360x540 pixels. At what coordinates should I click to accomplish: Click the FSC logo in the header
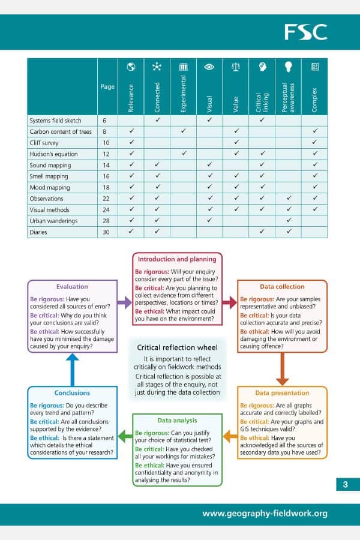click(305, 32)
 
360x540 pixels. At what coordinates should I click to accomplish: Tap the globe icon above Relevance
click(131, 67)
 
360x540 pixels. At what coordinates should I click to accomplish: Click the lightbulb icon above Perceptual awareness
click(288, 67)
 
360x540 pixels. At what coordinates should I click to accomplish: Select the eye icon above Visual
click(209, 67)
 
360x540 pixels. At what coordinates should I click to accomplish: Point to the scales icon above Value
click(235, 67)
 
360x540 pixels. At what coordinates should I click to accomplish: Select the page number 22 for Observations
click(107, 199)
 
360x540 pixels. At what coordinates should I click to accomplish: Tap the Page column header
click(107, 87)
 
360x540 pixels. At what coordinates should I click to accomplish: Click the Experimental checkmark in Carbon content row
click(183, 131)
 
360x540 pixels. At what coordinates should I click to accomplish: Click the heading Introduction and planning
click(177, 259)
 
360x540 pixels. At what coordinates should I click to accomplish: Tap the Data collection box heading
click(282, 287)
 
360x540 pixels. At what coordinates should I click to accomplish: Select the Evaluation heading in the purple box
click(72, 287)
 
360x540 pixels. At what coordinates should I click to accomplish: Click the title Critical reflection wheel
click(177, 347)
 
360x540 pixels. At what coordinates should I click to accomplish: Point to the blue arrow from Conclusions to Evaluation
click(72, 369)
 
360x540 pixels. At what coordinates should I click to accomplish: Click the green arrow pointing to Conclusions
click(124, 435)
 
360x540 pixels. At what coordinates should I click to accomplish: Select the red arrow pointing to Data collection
click(230, 303)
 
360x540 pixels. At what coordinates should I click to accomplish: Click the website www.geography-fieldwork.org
click(265, 514)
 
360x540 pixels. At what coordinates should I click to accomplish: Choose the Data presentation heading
click(282, 393)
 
